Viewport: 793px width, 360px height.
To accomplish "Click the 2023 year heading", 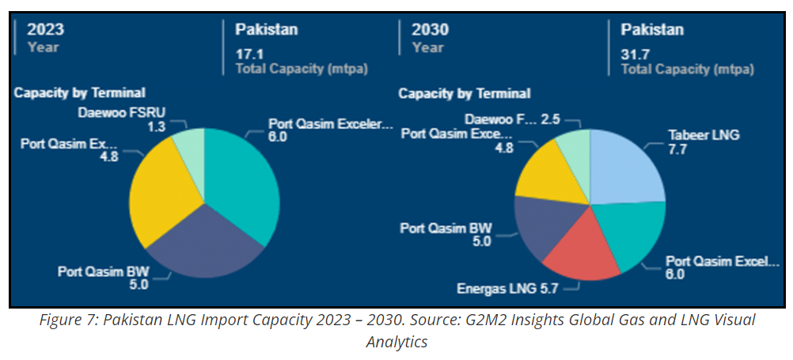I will click(x=45, y=30).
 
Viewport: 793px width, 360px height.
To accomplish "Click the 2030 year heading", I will click(x=430, y=30).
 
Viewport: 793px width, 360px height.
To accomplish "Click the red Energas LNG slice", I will click(x=582, y=253).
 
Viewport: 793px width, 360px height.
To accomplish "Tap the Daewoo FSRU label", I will click(x=122, y=112).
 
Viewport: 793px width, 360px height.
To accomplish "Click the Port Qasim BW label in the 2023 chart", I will click(x=103, y=271).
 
